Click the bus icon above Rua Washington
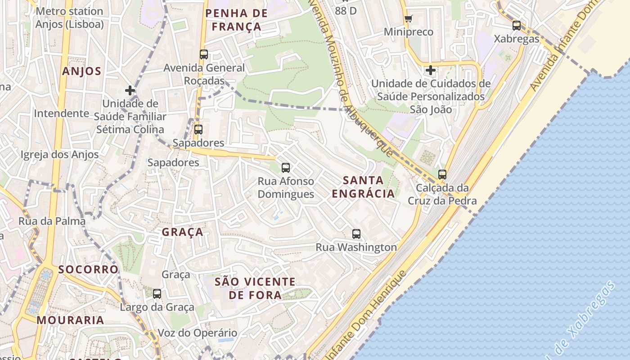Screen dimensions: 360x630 [356, 234]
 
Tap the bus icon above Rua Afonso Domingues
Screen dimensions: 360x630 [286, 168]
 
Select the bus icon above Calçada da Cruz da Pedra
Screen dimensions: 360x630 [442, 175]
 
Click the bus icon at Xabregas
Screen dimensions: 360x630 [517, 26]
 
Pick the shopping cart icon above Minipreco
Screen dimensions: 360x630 [408, 19]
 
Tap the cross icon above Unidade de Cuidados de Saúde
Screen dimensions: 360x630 [431, 70]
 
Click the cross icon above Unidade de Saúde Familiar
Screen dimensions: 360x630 [130, 90]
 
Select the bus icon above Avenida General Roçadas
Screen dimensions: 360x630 [204, 54]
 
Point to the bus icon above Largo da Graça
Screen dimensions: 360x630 [157, 294]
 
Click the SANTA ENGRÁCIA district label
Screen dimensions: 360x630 [363, 187]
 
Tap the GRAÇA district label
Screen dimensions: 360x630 [182, 232]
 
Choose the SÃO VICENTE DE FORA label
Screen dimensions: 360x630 [255, 288]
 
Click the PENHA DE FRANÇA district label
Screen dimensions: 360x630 [237, 20]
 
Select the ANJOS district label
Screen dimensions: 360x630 [82, 71]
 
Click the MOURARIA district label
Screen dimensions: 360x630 [71, 320]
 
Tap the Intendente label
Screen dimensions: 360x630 [62, 113]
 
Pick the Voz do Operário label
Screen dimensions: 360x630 [197, 333]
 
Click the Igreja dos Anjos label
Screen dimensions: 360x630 [59, 155]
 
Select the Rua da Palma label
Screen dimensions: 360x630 [52, 221]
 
